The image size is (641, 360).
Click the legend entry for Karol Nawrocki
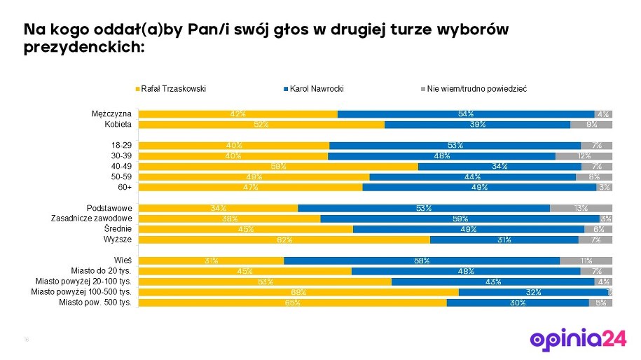tap(316, 89)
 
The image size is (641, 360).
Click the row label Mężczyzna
tap(111, 113)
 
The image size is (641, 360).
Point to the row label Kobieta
tap(118, 124)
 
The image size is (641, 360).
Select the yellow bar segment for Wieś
tap(211, 261)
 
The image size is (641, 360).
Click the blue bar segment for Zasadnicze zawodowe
tap(460, 219)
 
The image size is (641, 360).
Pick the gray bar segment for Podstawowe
tap(581, 208)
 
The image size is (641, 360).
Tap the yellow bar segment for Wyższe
tap(284, 240)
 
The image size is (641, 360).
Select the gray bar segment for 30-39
tap(584, 155)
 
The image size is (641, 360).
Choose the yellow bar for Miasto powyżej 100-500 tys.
tap(298, 292)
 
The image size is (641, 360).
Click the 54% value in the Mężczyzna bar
tap(466, 113)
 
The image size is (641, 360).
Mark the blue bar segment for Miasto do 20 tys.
tap(466, 271)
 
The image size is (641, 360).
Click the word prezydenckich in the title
tap(83, 48)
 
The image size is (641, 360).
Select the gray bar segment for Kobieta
tap(591, 124)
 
